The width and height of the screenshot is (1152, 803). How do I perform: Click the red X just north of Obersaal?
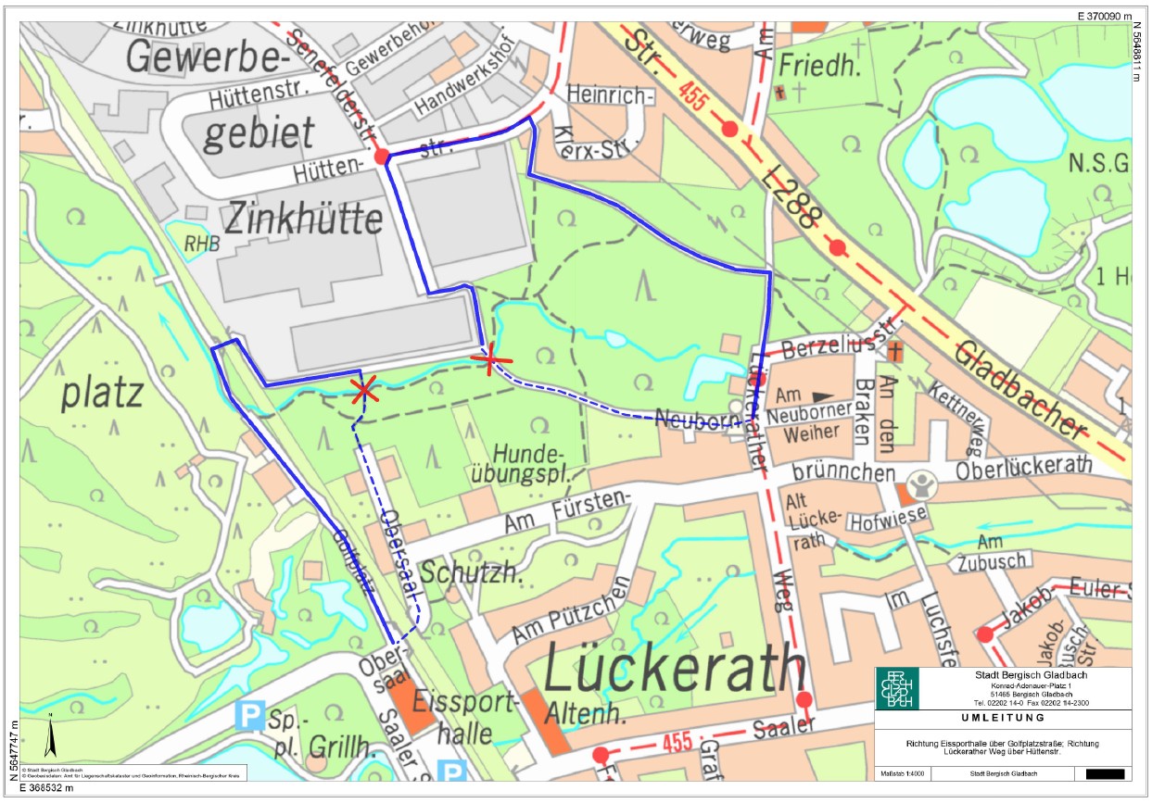364,390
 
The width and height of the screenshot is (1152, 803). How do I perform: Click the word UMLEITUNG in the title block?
1002,718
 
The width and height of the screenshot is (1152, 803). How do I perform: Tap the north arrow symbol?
52,738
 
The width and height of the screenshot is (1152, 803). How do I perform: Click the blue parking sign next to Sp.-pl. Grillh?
247,714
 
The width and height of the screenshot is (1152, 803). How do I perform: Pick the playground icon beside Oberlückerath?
919,485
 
